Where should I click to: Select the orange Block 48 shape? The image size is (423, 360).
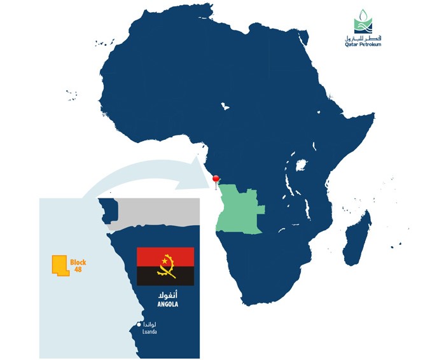(59, 265)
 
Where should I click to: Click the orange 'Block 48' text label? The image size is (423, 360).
(78, 266)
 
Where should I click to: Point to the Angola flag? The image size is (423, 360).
(165, 266)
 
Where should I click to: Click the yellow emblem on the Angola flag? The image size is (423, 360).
(167, 265)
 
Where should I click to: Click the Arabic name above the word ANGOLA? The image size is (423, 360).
(167, 296)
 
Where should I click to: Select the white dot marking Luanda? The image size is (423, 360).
(139, 326)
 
